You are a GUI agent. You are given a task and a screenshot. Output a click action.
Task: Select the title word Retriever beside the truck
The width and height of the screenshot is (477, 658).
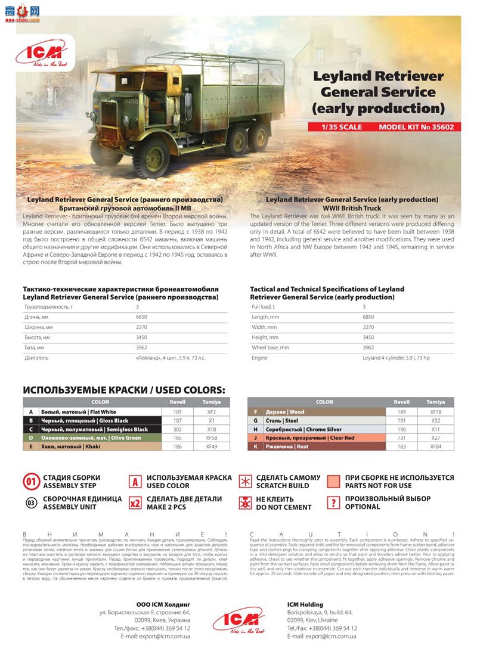click(411, 76)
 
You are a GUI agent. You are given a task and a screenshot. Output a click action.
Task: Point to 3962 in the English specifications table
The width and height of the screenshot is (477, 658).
click(368, 347)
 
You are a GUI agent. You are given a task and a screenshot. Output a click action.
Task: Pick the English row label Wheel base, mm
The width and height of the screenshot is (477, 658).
click(271, 347)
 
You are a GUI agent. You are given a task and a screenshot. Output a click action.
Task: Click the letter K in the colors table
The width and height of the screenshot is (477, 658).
click(255, 446)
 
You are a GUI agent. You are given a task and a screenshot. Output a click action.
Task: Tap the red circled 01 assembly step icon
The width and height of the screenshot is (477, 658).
click(32, 482)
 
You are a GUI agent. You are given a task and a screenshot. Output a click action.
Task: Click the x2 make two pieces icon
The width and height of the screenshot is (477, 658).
click(135, 503)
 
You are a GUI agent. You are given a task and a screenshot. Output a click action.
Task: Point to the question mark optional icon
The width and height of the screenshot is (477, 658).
click(334, 502)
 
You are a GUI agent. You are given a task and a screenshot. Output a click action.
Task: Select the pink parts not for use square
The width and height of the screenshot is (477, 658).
click(334, 481)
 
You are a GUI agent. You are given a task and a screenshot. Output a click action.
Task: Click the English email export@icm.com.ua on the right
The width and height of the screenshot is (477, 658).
click(322, 637)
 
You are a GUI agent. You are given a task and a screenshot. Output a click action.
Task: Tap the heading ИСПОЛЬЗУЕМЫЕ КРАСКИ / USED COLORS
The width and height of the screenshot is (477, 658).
click(124, 390)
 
